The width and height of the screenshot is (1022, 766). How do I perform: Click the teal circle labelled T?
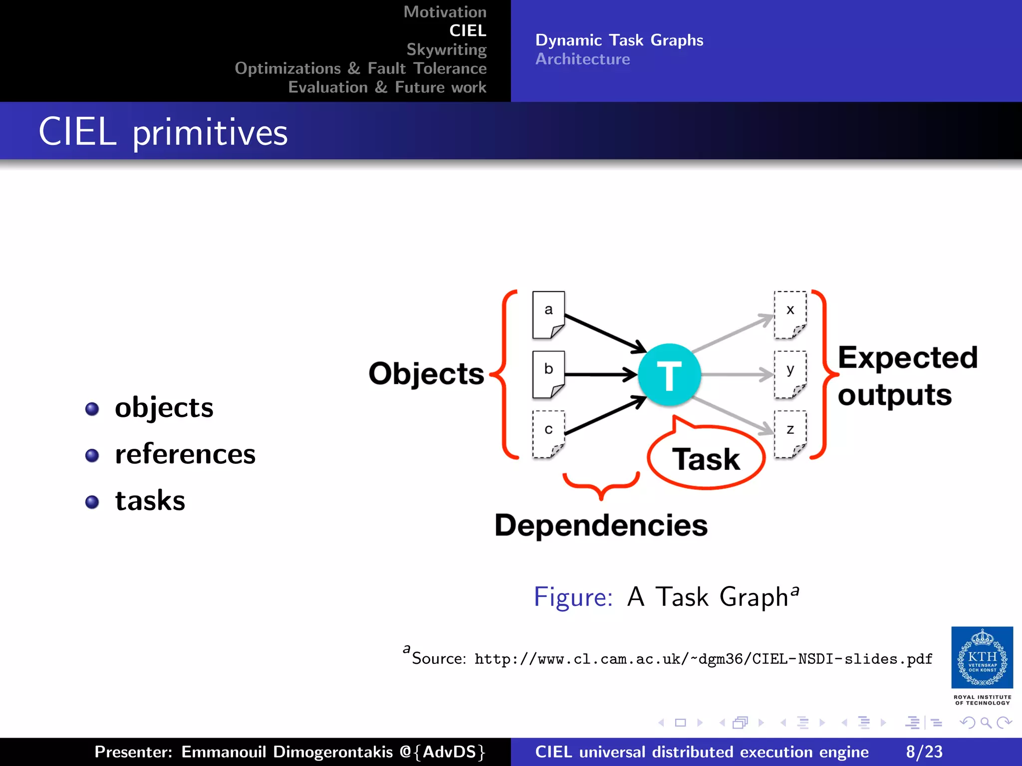click(669, 375)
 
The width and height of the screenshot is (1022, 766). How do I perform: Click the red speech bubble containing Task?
click(706, 458)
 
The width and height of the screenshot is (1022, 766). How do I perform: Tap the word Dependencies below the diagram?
click(601, 525)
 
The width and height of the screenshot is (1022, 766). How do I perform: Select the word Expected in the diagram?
click(907, 358)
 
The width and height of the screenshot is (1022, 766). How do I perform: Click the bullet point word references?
click(185, 454)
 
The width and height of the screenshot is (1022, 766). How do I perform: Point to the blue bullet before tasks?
click(92, 502)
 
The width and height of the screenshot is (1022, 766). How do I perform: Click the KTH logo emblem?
click(982, 658)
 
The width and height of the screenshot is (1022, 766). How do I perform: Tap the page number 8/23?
click(924, 752)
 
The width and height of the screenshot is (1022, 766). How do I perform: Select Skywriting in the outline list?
click(446, 49)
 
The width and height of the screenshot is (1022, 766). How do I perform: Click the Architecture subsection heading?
click(582, 59)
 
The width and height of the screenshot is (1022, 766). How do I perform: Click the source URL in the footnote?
click(703, 659)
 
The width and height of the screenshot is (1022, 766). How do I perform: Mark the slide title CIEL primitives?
click(163, 132)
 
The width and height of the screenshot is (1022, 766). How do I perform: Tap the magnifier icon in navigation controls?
click(986, 723)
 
